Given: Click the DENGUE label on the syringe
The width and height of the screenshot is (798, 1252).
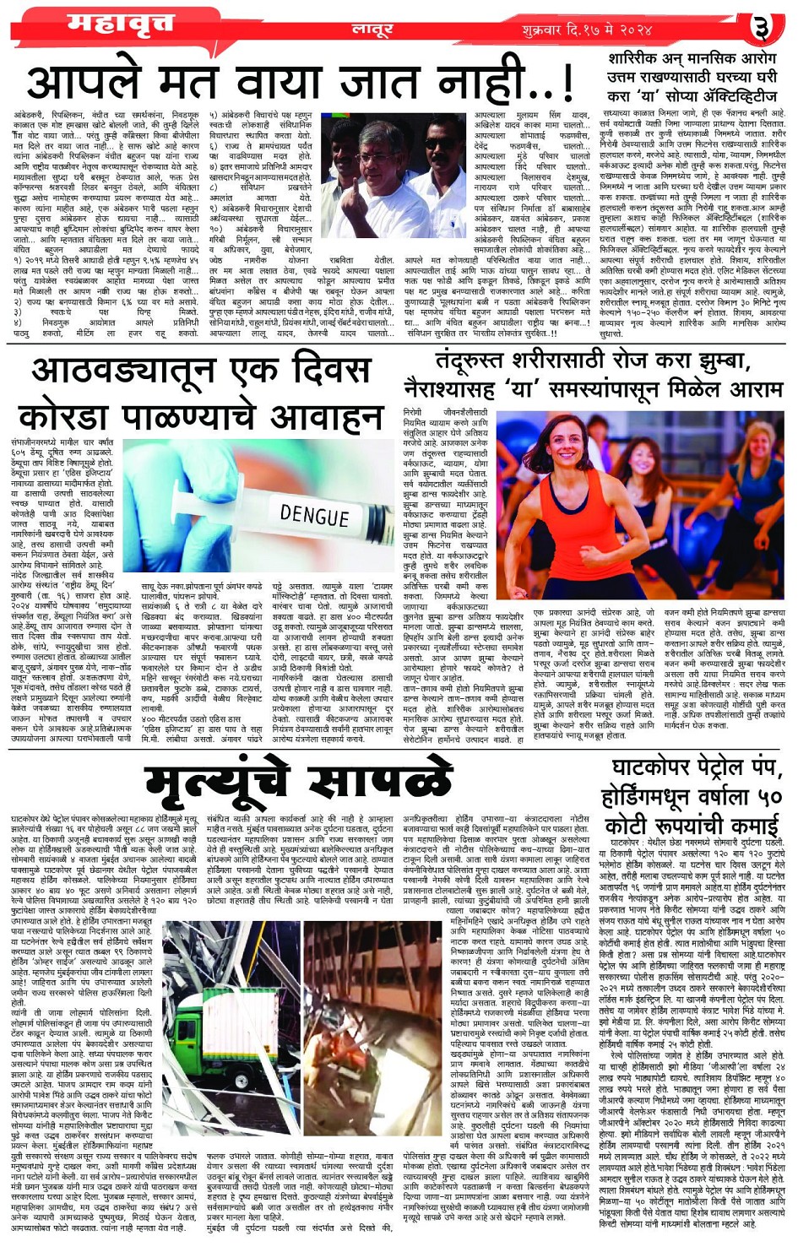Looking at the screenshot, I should [313, 514].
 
